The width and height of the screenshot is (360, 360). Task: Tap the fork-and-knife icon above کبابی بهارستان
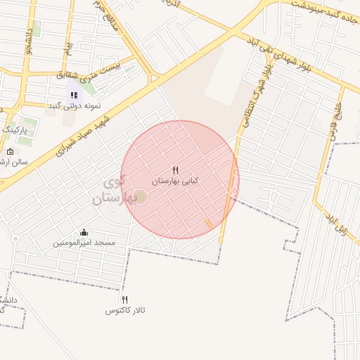point(176,170)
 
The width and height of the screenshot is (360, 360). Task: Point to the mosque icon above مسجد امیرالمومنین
point(84,233)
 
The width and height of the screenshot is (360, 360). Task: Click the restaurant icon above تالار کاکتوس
point(125,300)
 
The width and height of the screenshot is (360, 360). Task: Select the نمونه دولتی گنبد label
point(75,105)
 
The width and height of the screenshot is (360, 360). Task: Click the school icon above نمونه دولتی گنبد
point(74,95)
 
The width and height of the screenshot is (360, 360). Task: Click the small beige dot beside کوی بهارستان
point(140,196)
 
